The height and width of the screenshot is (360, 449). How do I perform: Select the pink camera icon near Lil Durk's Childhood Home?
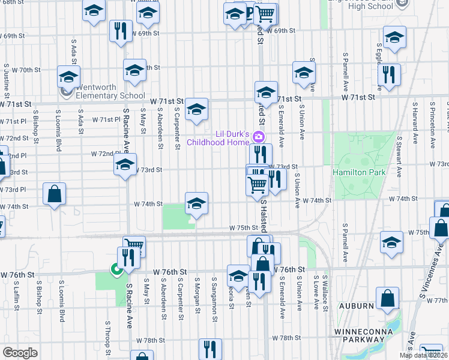[259, 137]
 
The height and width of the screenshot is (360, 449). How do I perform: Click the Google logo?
[20, 352]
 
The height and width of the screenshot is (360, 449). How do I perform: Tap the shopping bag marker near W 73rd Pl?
[54, 194]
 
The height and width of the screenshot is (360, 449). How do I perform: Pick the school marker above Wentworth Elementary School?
[69, 77]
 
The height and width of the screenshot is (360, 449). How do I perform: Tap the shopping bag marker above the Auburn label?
[388, 298]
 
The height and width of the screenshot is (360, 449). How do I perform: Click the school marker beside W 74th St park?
[196, 203]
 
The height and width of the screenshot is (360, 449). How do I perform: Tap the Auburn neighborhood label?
[357, 305]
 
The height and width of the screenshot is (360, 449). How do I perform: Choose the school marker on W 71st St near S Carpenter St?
[196, 109]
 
